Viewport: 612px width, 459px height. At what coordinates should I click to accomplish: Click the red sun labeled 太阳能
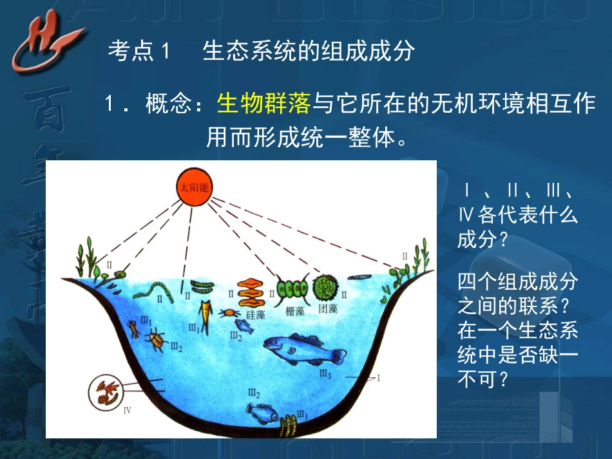point(194,187)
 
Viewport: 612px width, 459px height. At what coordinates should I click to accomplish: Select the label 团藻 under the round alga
point(329,309)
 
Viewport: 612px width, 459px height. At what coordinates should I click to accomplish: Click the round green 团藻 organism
point(326,288)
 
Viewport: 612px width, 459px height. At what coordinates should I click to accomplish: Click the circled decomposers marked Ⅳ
point(106,391)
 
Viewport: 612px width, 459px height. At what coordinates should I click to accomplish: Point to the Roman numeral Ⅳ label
point(127,409)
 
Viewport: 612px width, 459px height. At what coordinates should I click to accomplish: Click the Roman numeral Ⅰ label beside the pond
point(379,379)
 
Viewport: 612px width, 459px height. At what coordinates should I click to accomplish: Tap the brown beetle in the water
point(155,339)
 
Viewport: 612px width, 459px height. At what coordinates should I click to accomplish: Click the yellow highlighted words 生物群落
point(264,103)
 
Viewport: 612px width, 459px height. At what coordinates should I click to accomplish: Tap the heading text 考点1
point(139,51)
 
